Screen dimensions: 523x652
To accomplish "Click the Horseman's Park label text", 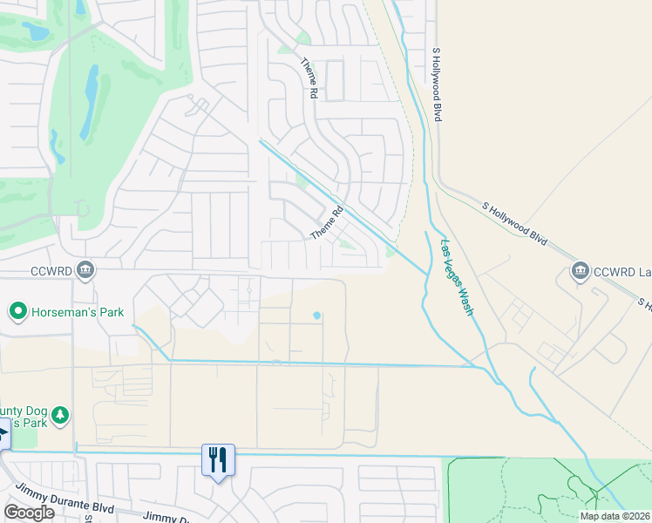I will [x=78, y=312].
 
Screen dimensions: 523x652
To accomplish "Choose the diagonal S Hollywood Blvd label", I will [x=515, y=223].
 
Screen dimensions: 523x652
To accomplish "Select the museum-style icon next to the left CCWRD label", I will [x=85, y=269].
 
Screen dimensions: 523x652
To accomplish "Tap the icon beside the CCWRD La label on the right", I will [x=580, y=271].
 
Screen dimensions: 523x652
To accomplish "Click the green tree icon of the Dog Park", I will [x=59, y=415].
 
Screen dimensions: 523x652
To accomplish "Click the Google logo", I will [x=29, y=513].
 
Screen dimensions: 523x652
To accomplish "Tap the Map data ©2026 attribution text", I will [x=615, y=516].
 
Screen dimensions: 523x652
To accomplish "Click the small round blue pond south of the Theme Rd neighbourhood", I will [x=316, y=316].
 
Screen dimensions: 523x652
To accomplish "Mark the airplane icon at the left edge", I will [x=3, y=434].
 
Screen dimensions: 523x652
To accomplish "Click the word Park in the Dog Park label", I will [x=33, y=423].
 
